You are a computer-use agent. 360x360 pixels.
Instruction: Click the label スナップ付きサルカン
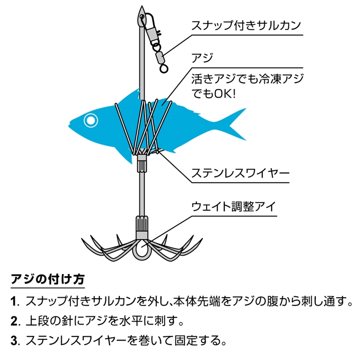246,25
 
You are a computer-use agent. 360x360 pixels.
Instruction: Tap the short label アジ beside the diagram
202,58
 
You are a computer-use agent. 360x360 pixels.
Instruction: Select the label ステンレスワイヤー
240,173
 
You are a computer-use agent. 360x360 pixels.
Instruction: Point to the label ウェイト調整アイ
233,206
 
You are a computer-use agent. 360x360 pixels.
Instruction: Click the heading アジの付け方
48,279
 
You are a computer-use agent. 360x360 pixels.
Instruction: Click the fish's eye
91,120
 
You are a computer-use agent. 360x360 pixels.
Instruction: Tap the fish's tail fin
234,124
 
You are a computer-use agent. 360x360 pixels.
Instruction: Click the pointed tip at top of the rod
141,6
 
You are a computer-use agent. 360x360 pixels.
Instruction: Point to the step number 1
14,301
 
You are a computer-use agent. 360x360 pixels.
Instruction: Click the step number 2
14,321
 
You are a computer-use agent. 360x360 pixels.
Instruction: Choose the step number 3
14,340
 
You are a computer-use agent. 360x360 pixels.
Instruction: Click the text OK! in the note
225,94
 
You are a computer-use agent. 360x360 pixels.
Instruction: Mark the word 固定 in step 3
186,340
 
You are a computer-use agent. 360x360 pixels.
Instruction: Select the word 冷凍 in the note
270,79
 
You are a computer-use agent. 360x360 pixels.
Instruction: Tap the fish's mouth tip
69,125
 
